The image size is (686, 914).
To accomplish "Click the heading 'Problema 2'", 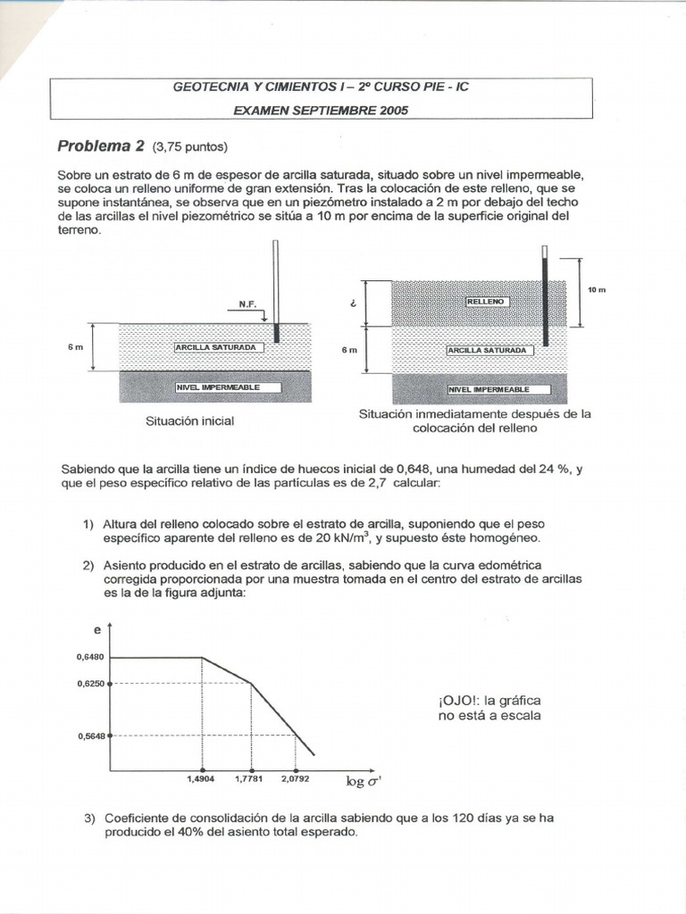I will [x=101, y=145].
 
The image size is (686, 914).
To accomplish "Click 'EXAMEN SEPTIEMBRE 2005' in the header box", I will [x=321, y=111].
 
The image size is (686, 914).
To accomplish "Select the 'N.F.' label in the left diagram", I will [x=247, y=304].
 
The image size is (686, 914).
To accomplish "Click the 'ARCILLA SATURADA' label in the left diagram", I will [x=219, y=345].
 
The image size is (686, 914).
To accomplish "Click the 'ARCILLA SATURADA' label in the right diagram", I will [x=489, y=351].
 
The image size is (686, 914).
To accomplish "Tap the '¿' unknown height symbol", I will [x=353, y=303].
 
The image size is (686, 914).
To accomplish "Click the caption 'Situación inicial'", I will [x=189, y=420].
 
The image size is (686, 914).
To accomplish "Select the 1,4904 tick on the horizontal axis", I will [x=203, y=779].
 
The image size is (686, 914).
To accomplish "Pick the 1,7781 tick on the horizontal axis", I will [x=251, y=779].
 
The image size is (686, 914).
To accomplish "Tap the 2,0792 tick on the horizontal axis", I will [x=295, y=779].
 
